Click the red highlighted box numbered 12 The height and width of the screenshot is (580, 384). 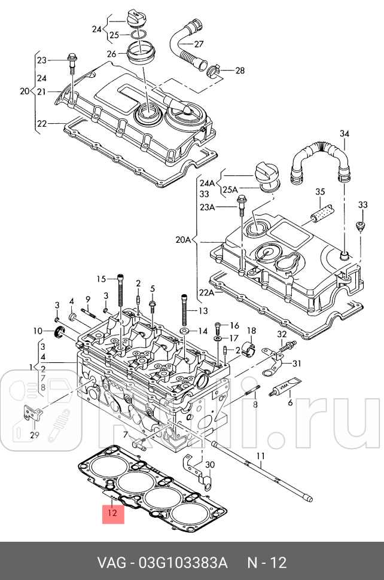(x=113, y=512)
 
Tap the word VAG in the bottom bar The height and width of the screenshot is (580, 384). (x=111, y=563)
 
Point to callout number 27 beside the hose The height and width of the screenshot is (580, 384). (x=199, y=44)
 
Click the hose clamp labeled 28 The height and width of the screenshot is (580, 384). (x=215, y=71)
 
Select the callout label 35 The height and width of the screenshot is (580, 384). (x=320, y=192)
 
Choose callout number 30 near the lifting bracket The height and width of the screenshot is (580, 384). (x=209, y=465)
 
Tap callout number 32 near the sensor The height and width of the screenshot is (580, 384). (x=282, y=335)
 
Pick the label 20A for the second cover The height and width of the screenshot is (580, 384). (x=182, y=240)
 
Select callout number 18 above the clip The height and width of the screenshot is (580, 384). (x=251, y=331)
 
